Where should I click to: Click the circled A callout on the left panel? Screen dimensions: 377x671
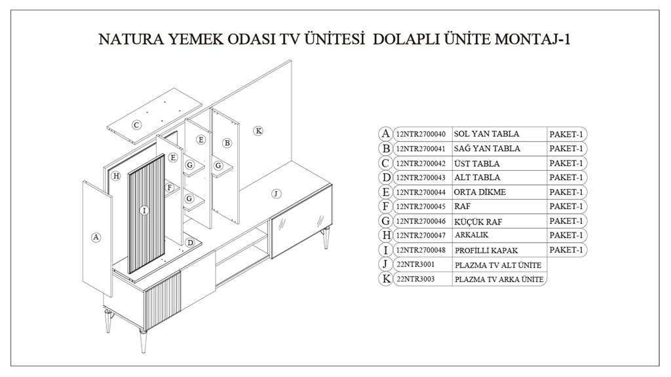click(96, 238)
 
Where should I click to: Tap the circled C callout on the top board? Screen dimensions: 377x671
click(136, 125)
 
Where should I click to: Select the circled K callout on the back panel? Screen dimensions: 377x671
click(259, 131)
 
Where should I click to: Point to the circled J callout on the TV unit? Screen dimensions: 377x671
click(276, 194)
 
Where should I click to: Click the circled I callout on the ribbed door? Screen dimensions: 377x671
click(145, 211)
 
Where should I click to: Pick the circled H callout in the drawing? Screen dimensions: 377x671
click(116, 176)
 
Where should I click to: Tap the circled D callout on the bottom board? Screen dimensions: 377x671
click(189, 243)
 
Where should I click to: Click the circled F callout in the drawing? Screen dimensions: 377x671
click(170, 187)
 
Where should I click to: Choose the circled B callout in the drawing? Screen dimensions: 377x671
click(227, 143)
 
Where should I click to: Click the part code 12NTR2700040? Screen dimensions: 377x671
click(421, 134)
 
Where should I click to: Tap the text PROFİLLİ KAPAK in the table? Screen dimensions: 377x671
click(486, 250)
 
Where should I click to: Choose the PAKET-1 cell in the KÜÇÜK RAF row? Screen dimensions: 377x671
click(566, 221)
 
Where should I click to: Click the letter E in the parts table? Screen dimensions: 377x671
click(386, 192)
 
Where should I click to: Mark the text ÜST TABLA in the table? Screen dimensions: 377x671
click(476, 164)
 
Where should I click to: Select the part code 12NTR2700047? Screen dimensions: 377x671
click(421, 235)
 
